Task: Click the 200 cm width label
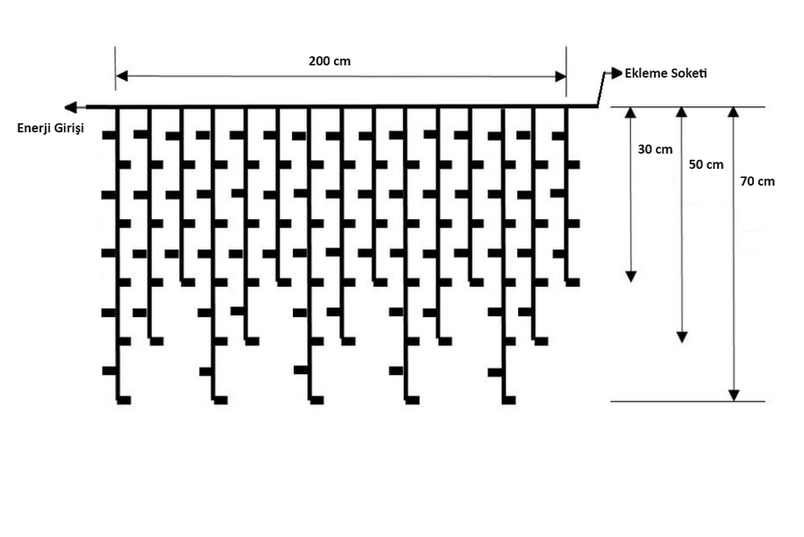[x=330, y=62]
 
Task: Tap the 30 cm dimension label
[x=655, y=149]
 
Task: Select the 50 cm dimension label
[x=707, y=164]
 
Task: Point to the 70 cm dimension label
[x=758, y=180]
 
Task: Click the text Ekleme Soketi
[x=666, y=72]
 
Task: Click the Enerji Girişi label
[x=50, y=129]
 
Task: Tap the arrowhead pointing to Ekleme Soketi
[x=617, y=71]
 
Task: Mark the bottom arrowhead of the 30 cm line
[x=631, y=276]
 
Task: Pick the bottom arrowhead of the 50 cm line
[x=682, y=337]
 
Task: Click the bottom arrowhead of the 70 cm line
[x=734, y=395]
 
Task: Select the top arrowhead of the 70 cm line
[x=734, y=113]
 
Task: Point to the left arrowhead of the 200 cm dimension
[x=121, y=76]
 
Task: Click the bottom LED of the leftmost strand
[x=124, y=399]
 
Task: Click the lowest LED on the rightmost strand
[x=573, y=282]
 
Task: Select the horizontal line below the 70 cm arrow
[x=688, y=402]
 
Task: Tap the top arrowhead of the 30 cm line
[x=631, y=113]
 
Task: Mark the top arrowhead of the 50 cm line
[x=682, y=113]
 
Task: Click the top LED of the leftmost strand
[x=109, y=136]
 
